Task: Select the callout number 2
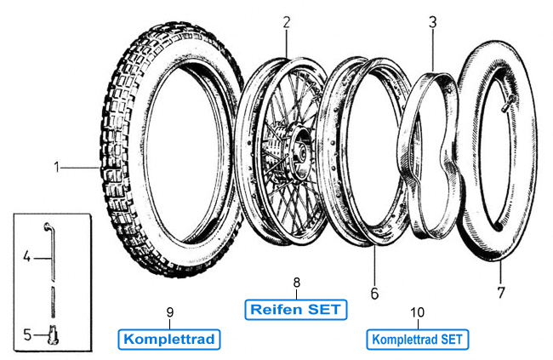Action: pyautogui.click(x=287, y=21)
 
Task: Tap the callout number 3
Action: pyautogui.click(x=432, y=21)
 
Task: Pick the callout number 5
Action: pyautogui.click(x=26, y=334)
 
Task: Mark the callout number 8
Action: pyautogui.click(x=296, y=282)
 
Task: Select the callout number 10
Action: pyautogui.click(x=417, y=311)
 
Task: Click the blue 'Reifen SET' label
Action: pyautogui.click(x=296, y=309)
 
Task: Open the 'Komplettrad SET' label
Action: pyautogui.click(x=417, y=339)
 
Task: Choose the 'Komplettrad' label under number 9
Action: pyautogui.click(x=170, y=339)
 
